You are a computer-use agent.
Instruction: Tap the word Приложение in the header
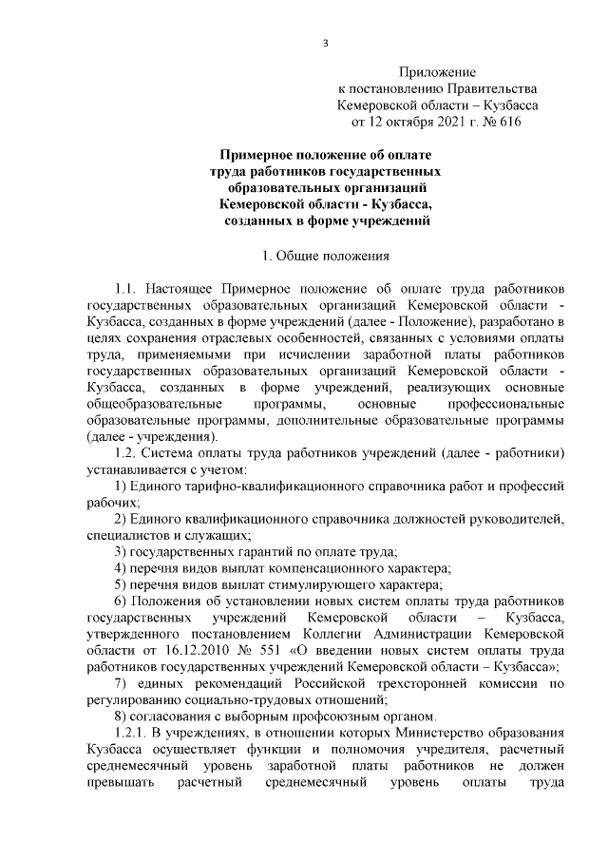point(436,71)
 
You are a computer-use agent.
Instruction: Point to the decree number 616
point(508,122)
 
